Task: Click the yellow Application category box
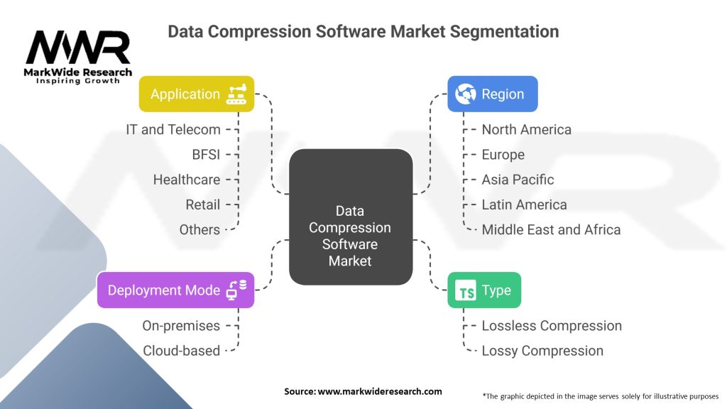coord(196,94)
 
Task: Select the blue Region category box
coord(492,94)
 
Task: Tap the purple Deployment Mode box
coord(175,290)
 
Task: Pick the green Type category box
coord(484,290)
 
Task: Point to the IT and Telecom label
coord(173,129)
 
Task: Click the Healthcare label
coord(187,180)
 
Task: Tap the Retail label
coord(202,204)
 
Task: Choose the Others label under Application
coord(199,229)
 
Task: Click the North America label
coord(526,129)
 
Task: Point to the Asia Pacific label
coord(518,180)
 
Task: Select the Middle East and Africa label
coord(551,229)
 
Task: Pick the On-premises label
coord(182,326)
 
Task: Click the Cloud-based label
coord(182,351)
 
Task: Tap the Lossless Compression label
coord(552,326)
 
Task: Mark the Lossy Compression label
coord(542,351)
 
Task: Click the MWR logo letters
coord(78,48)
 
